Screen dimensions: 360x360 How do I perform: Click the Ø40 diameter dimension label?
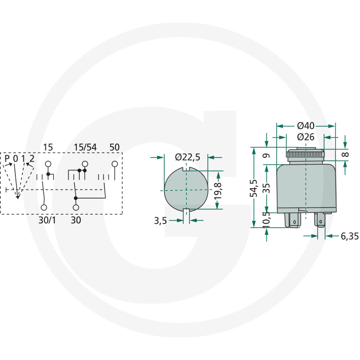click(306, 126)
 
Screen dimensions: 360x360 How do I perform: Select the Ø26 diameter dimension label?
click(306, 137)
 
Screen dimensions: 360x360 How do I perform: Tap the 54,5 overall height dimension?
click(254, 188)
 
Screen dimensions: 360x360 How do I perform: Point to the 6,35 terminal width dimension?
click(350, 236)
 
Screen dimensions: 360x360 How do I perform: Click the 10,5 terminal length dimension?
click(266, 219)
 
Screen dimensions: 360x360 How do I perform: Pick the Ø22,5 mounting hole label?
click(188, 157)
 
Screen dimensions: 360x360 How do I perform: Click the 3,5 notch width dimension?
click(160, 220)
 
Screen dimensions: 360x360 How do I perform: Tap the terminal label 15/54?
click(85, 147)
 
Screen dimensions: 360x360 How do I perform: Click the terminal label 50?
click(115, 147)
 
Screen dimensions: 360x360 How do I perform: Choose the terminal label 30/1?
click(47, 220)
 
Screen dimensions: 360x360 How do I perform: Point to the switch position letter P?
click(7, 158)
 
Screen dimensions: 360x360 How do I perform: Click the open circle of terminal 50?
click(115, 164)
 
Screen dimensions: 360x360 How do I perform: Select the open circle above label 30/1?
click(44, 207)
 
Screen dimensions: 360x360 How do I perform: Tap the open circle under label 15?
click(48, 164)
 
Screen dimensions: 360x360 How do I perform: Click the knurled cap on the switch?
click(305, 153)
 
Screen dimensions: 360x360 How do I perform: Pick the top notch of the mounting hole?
click(186, 169)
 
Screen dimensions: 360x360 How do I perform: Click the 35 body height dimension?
click(266, 188)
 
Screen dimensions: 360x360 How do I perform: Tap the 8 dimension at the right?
click(345, 154)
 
